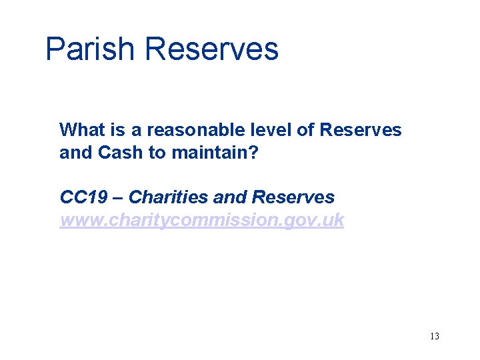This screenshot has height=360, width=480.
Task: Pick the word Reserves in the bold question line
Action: tap(361, 129)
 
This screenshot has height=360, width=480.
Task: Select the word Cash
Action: tap(121, 152)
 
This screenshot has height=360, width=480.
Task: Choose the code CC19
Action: tap(81, 197)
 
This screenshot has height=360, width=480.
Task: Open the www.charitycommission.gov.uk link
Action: tap(201, 220)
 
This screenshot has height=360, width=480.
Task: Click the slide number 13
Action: tap(435, 336)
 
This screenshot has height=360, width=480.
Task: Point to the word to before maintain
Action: tap(157, 152)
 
